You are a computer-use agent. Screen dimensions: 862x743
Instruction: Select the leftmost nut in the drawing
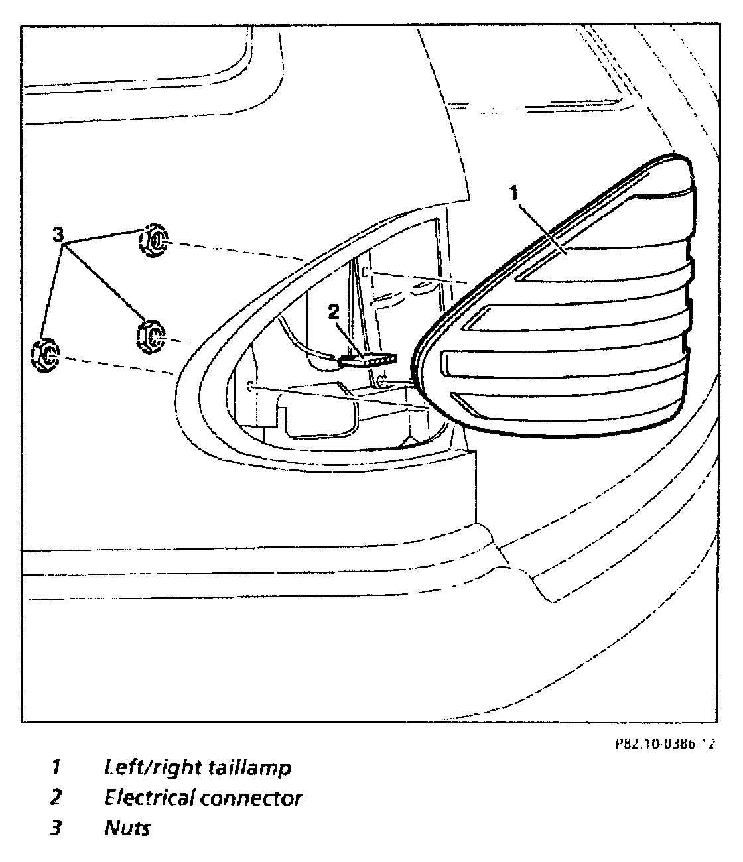tap(46, 355)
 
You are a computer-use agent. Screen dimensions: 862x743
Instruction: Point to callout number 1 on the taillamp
tap(514, 193)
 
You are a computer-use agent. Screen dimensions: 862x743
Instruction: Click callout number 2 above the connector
tap(334, 312)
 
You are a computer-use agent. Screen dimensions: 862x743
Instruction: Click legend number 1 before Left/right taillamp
tap(56, 768)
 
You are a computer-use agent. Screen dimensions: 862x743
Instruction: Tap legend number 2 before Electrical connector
tap(56, 798)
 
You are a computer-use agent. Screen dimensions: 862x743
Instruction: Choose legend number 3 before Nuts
tap(56, 828)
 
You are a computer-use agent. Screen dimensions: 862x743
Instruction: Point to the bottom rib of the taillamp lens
tap(564, 405)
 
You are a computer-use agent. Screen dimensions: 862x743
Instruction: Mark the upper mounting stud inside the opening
tap(366, 271)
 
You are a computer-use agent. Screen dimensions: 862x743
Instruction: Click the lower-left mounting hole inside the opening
tap(248, 387)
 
